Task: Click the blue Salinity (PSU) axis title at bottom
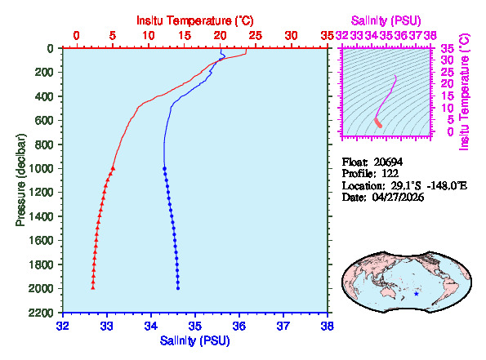click(194, 340)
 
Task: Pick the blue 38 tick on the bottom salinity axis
click(327, 325)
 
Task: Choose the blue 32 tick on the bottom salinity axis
click(63, 325)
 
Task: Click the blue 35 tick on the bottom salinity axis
click(195, 325)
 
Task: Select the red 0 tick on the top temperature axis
click(77, 36)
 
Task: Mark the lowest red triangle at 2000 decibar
click(92, 288)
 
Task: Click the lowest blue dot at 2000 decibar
click(178, 288)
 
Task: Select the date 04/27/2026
click(398, 198)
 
